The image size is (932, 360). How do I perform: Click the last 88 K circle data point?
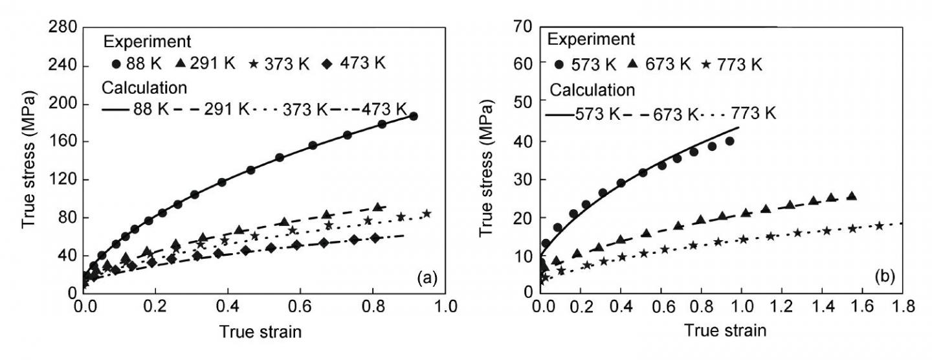coord(413,117)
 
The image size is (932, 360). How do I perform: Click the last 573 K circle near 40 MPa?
coord(729,141)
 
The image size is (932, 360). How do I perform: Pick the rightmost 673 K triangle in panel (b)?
coord(852,196)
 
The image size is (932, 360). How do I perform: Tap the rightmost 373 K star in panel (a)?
coord(427,214)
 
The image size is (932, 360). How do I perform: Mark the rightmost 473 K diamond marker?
coord(375,238)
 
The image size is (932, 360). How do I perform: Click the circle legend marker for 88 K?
coord(116,64)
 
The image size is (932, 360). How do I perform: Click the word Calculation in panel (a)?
coord(144,87)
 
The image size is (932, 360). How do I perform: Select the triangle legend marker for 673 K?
coord(633,64)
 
